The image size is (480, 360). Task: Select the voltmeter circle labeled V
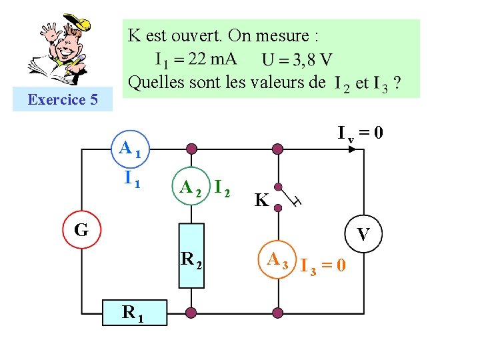pyautogui.click(x=363, y=234)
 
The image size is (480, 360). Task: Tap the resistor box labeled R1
pyautogui.click(x=135, y=311)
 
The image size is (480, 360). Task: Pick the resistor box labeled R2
pyautogui.click(x=191, y=257)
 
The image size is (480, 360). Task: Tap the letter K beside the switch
pyautogui.click(x=261, y=200)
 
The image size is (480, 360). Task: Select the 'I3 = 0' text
pyautogui.click(x=323, y=266)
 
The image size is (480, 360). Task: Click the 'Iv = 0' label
pyautogui.click(x=359, y=133)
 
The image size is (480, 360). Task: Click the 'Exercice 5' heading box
pyautogui.click(x=63, y=101)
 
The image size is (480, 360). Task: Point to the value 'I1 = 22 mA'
pyautogui.click(x=196, y=59)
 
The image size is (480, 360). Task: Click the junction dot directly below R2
pyautogui.click(x=191, y=311)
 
